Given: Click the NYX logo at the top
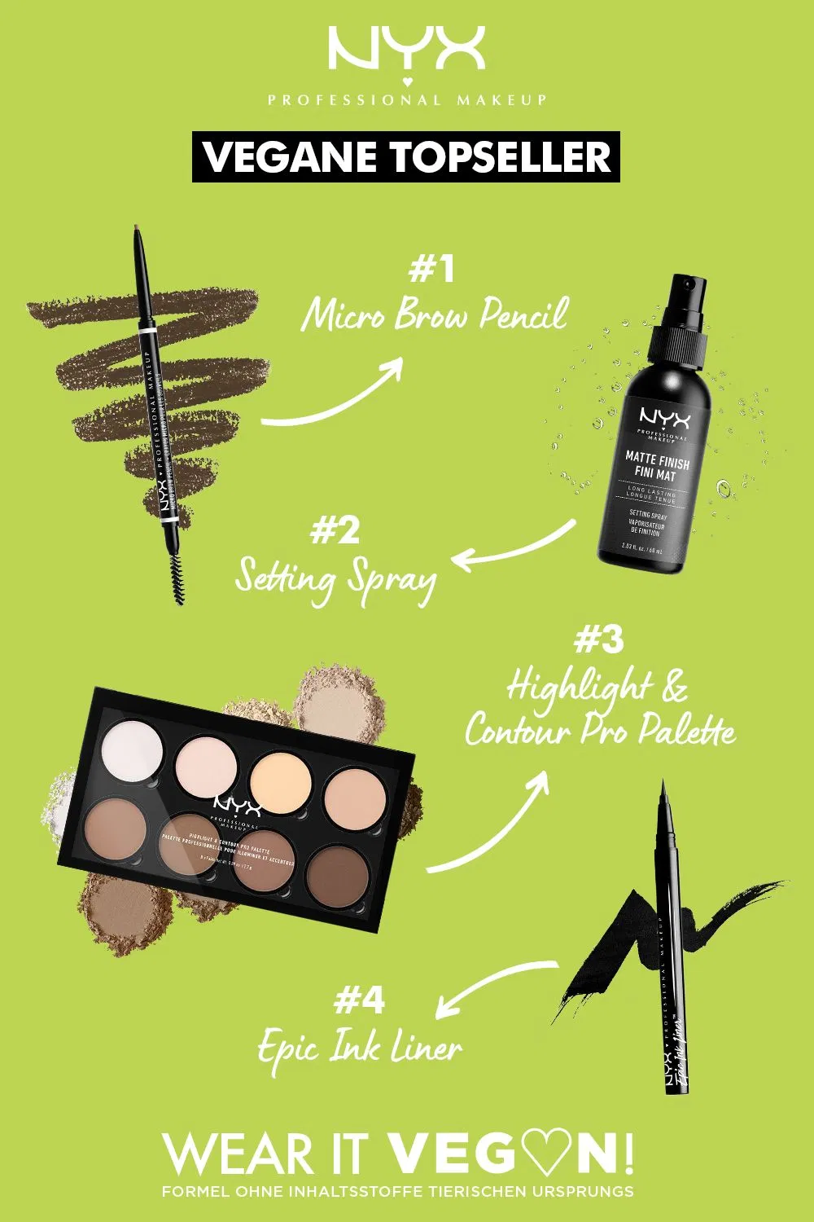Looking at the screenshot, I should tap(406, 51).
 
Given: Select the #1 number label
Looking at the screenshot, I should tap(431, 270).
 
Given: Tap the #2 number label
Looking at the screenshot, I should tap(335, 531).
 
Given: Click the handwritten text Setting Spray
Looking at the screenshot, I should tap(335, 579).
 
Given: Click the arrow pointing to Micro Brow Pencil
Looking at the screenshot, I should tap(334, 399).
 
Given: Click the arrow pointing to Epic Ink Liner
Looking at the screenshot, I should tap(497, 986).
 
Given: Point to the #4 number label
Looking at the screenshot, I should tap(359, 1000).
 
